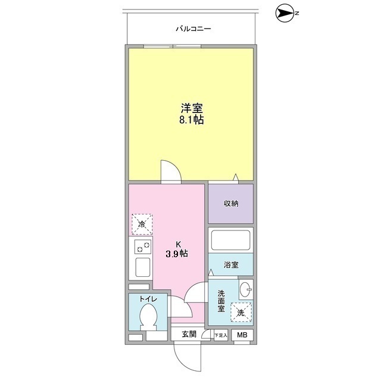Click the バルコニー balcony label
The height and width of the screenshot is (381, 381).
pos(193,29)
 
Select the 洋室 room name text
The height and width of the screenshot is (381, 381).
pos(192,108)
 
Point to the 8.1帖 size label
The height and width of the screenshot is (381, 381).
pos(192,120)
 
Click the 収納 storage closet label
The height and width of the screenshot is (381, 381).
pos(231,204)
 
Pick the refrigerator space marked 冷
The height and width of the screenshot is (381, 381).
pos(142,224)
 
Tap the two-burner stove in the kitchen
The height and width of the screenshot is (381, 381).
pos(143,246)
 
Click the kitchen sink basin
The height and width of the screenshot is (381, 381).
pos(143,267)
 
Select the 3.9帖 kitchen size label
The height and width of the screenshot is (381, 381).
pos(177,254)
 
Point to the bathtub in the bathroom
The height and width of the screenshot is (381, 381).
pos(230,240)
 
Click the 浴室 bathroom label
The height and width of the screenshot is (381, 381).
pos(231,264)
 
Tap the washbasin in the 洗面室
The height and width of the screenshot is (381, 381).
pos(246,289)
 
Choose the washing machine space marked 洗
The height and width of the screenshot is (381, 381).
pos(241,312)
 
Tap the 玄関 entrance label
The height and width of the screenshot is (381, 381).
pos(189,335)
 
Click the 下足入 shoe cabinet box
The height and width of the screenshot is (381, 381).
pos(221,335)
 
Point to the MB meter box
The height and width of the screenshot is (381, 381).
pos(242,335)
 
